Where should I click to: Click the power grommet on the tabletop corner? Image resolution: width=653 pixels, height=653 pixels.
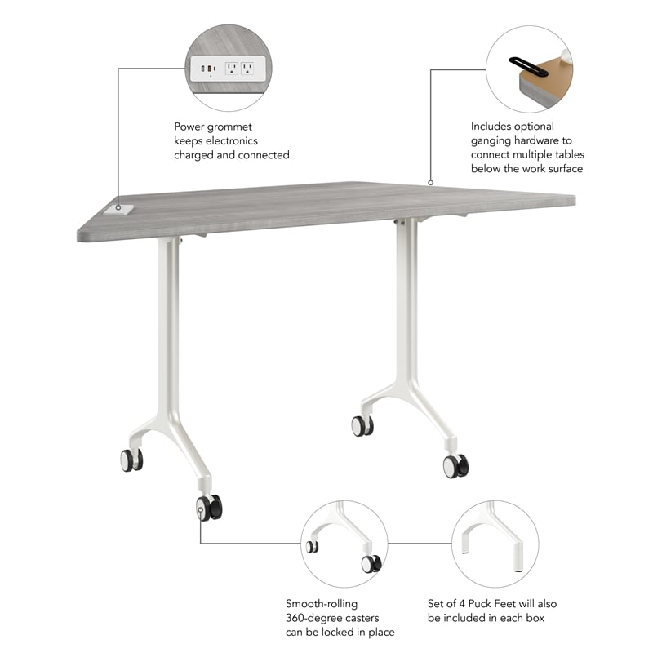coord(119,210)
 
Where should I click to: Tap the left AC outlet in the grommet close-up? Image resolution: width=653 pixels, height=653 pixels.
coord(231,69)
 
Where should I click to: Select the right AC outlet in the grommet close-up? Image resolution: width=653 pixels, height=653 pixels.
coord(247,69)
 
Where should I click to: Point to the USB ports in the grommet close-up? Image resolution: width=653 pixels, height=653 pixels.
coord(206,69)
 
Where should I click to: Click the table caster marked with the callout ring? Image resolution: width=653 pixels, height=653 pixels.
coord(207,508)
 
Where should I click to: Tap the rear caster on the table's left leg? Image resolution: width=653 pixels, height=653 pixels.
coord(131,460)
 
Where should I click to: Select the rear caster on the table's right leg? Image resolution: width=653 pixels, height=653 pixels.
coord(362,425)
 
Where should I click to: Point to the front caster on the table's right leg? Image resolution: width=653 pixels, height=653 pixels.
coord(455,466)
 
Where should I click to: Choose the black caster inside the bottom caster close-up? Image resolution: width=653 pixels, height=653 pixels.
coord(371,563)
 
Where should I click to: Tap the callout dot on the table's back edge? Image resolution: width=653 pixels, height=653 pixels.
coord(430,183)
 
